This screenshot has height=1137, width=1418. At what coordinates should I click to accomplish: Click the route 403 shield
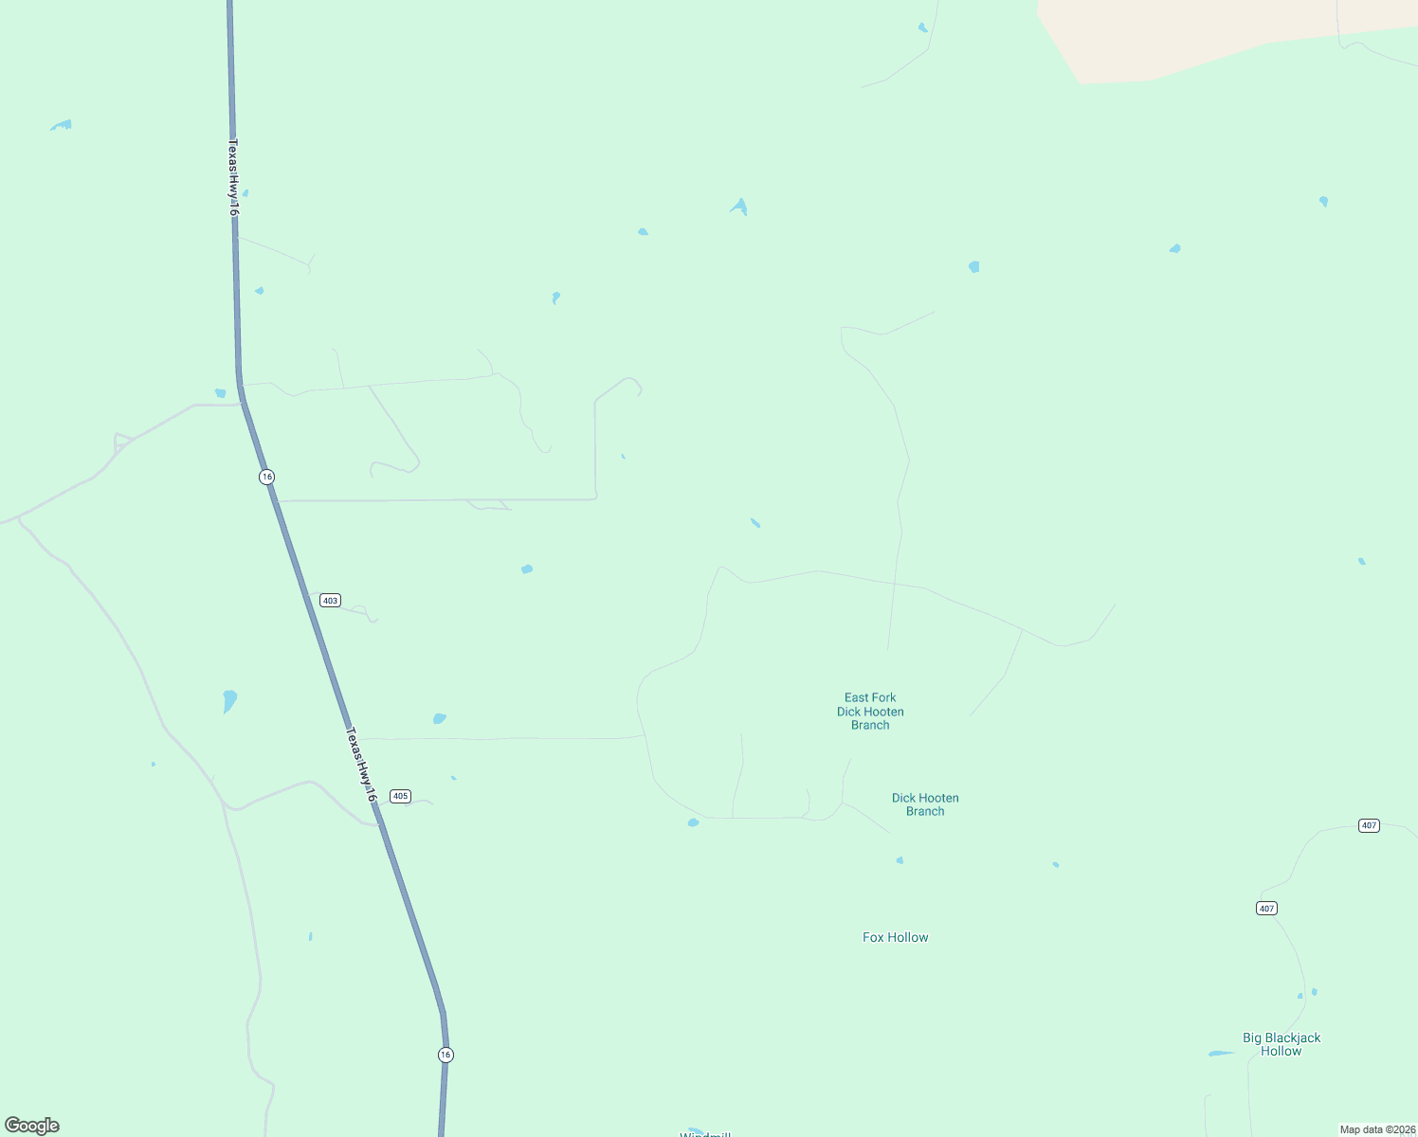pos(330,601)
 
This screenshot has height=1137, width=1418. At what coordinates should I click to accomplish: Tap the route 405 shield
pos(401,796)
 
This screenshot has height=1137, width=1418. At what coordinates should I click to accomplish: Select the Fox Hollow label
pos(895,937)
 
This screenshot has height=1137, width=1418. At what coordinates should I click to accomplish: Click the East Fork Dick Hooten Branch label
pos(870,712)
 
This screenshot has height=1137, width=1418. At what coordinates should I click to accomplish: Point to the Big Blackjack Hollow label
pos(1282,1044)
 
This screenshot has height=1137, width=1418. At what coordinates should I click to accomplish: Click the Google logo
pos(32,1126)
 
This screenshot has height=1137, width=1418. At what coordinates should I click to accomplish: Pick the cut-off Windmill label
pos(705,1133)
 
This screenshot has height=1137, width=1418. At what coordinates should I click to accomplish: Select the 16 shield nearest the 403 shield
pos(267,477)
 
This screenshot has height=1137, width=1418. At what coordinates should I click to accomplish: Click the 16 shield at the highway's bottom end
pos(445,1055)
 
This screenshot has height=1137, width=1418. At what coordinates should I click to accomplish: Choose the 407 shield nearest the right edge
pos(1369,825)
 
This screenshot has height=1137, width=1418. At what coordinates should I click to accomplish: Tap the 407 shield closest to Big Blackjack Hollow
pos(1266,909)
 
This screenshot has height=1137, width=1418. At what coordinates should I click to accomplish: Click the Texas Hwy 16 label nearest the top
pos(232,177)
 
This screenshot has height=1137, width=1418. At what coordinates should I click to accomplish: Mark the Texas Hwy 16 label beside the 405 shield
pos(361,765)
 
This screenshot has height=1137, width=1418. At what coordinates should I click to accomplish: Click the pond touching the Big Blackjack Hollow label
pos(1220,1053)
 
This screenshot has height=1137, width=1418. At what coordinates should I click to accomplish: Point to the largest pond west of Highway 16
pos(229,700)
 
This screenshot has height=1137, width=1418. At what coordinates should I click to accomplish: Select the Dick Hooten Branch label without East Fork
pos(925,804)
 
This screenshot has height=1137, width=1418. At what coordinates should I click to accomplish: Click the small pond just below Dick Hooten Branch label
pos(900,860)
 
